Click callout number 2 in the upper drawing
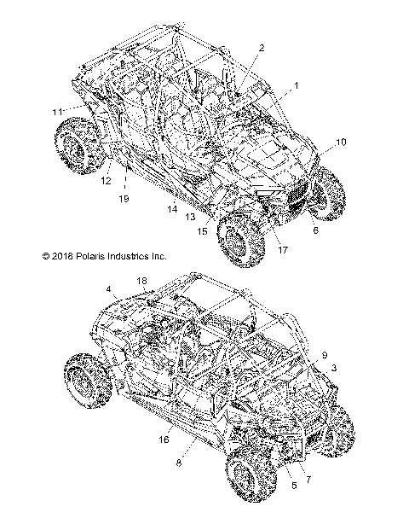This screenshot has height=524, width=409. (x=262, y=48)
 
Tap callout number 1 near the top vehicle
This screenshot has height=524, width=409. (x=296, y=86)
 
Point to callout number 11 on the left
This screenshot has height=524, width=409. (x=57, y=112)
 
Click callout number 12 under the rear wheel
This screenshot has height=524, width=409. (x=106, y=181)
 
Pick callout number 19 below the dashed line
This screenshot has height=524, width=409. (x=124, y=199)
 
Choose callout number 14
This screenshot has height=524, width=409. (x=172, y=209)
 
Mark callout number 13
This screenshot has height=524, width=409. (x=190, y=217)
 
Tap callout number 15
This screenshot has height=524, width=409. (x=202, y=231)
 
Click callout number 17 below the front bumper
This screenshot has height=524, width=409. (x=283, y=250)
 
